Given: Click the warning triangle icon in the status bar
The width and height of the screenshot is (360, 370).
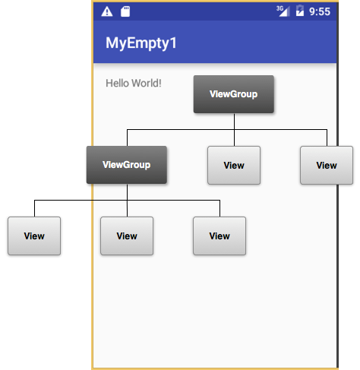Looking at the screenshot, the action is tap(107, 11).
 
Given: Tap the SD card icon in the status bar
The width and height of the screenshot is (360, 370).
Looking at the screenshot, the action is tap(125, 11).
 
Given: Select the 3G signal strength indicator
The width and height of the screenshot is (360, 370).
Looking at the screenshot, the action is tap(283, 11).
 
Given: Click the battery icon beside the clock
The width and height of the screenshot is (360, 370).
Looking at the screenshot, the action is tap(300, 11).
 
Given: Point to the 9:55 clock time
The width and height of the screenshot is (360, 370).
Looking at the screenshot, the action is tap(320, 11).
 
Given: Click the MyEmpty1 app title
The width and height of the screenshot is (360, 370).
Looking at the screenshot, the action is tap(141, 43).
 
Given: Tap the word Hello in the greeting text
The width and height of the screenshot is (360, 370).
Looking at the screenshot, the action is tap(117, 83).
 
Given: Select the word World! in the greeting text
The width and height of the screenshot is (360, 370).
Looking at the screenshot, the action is tap(147, 83).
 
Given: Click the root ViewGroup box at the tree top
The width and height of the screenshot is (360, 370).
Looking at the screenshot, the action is tap(234, 94).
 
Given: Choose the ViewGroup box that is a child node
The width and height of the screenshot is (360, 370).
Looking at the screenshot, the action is tap(127, 165).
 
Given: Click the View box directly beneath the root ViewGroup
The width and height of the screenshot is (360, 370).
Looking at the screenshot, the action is tap(234, 165).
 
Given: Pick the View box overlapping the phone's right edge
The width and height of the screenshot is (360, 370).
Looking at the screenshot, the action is tap(327, 165).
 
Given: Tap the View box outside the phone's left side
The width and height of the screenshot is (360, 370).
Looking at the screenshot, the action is tap(34, 236).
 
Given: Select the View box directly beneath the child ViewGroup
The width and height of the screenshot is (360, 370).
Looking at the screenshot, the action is tap(127, 236).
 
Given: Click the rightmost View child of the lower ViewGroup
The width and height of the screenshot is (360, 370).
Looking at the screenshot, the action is tap(219, 236).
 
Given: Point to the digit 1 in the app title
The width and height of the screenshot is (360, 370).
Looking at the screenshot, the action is tap(173, 43).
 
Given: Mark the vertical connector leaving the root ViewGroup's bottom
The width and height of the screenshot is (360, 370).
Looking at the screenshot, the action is tap(234, 130).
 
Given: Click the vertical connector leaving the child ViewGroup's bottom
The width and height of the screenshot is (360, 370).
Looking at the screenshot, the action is tap(127, 201).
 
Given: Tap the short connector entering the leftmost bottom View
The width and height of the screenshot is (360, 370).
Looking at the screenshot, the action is tap(34, 209).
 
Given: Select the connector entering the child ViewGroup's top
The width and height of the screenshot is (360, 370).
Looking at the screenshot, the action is tap(127, 138).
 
